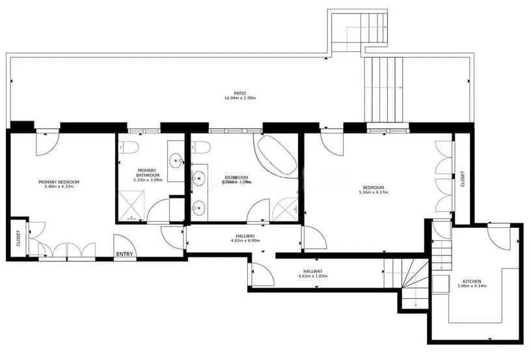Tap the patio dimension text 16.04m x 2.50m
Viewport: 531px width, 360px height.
click(240, 98)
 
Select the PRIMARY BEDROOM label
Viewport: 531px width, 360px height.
click(59, 182)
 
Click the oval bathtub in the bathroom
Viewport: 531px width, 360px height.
click(276, 155)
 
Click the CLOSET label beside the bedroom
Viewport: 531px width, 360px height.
click(463, 179)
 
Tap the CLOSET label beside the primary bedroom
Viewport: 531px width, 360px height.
click(18, 238)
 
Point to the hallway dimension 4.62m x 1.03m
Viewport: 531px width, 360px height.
click(313, 276)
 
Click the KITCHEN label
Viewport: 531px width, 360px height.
click(472, 281)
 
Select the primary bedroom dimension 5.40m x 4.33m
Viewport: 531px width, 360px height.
click(59, 187)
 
